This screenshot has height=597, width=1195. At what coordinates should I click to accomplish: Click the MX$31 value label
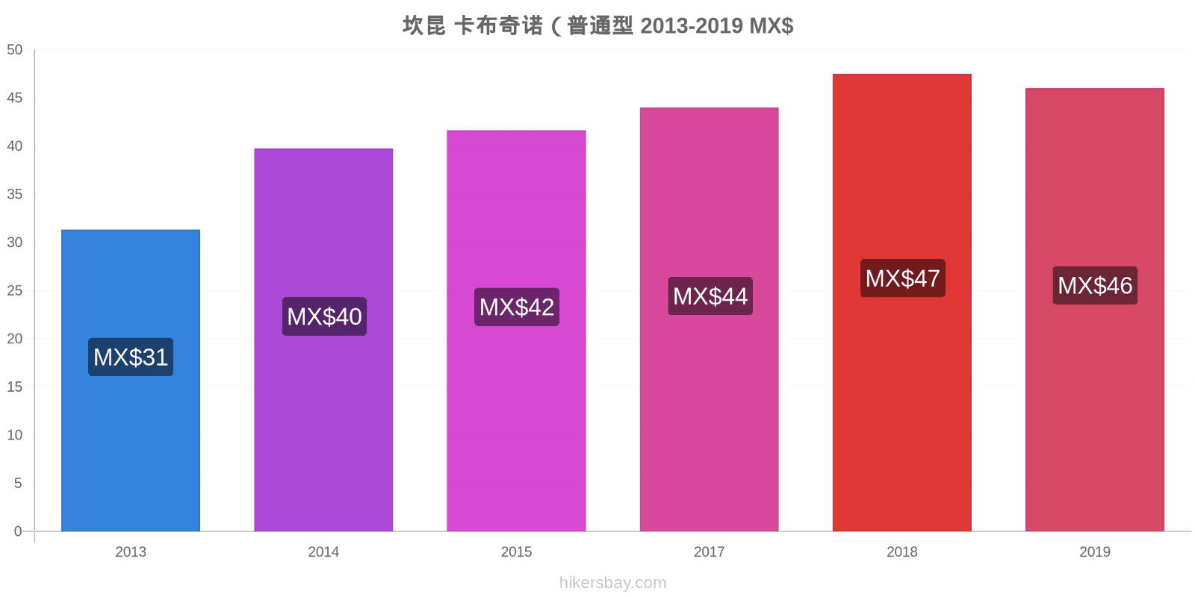coord(131,357)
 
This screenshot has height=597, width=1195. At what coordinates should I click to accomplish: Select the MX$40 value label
coord(324,316)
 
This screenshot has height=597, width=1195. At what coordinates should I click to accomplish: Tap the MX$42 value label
coord(517,307)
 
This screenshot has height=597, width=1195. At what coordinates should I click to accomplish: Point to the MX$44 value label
coord(710,296)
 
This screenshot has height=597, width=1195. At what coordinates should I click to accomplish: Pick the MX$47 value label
coord(903,278)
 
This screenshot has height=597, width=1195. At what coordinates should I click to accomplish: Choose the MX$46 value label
coord(1095,285)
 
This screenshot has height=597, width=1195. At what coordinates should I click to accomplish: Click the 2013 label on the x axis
coord(131,551)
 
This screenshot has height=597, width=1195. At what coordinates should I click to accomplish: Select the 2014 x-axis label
coord(324,551)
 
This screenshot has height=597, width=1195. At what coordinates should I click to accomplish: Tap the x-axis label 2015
coord(516,551)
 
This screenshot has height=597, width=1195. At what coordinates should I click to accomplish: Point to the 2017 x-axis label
coord(709,551)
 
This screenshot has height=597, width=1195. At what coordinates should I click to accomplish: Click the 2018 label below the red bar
coord(902,551)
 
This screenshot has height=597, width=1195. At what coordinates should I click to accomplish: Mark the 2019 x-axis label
coord(1095,551)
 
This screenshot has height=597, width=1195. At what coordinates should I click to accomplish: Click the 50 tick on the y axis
coord(14,49)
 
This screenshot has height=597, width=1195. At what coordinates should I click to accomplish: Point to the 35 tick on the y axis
coord(14,194)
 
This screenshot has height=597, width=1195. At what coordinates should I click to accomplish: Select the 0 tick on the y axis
coord(18,531)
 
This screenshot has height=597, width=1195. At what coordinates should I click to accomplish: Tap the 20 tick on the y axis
coord(14,339)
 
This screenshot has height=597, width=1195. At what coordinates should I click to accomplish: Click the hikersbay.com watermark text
coord(613,583)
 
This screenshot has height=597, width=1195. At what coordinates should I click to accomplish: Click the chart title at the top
coord(598,25)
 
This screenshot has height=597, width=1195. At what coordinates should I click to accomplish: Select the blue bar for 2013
coord(131,381)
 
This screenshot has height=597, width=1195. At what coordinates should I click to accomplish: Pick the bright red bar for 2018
coord(902,303)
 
